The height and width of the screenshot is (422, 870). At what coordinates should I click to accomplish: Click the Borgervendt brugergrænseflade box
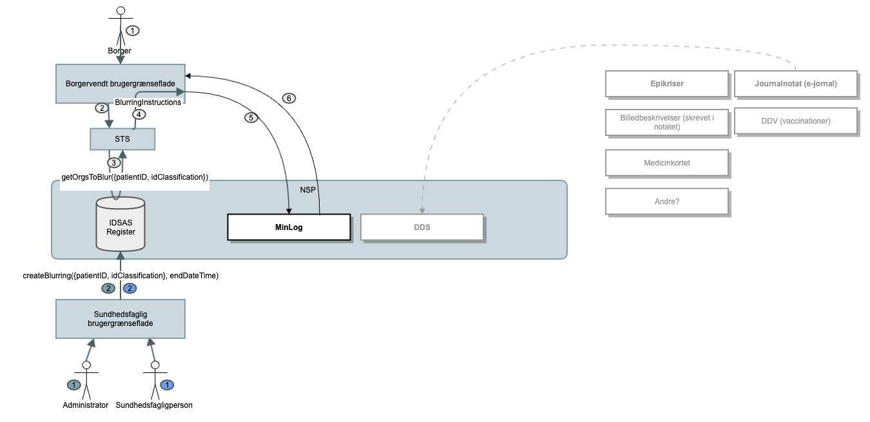coord(121,84)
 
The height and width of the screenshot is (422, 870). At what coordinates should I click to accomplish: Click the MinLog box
coord(289,227)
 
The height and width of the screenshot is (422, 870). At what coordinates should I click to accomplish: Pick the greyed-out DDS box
coord(421,227)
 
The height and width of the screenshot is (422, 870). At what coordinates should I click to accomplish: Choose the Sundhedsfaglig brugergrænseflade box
coord(121,319)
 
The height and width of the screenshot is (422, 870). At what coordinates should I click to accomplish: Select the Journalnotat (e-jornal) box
coord(795,84)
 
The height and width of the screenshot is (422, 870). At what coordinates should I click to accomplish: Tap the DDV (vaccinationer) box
coord(795,121)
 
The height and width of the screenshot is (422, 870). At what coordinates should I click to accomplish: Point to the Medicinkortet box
coord(666,163)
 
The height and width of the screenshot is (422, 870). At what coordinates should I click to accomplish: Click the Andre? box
coord(666,201)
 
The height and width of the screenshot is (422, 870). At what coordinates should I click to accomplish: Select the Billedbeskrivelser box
coord(666,122)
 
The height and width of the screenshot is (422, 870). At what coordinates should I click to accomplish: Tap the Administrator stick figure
coord(86,380)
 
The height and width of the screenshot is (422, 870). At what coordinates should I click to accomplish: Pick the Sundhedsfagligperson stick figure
coord(155,380)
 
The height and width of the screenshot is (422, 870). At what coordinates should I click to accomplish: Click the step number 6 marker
coord(289,99)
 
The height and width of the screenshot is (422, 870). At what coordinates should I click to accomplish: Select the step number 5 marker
coord(251,118)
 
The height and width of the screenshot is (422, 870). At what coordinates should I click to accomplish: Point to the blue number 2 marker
coord(130,288)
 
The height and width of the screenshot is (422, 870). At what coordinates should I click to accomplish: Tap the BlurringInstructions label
coord(148,102)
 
